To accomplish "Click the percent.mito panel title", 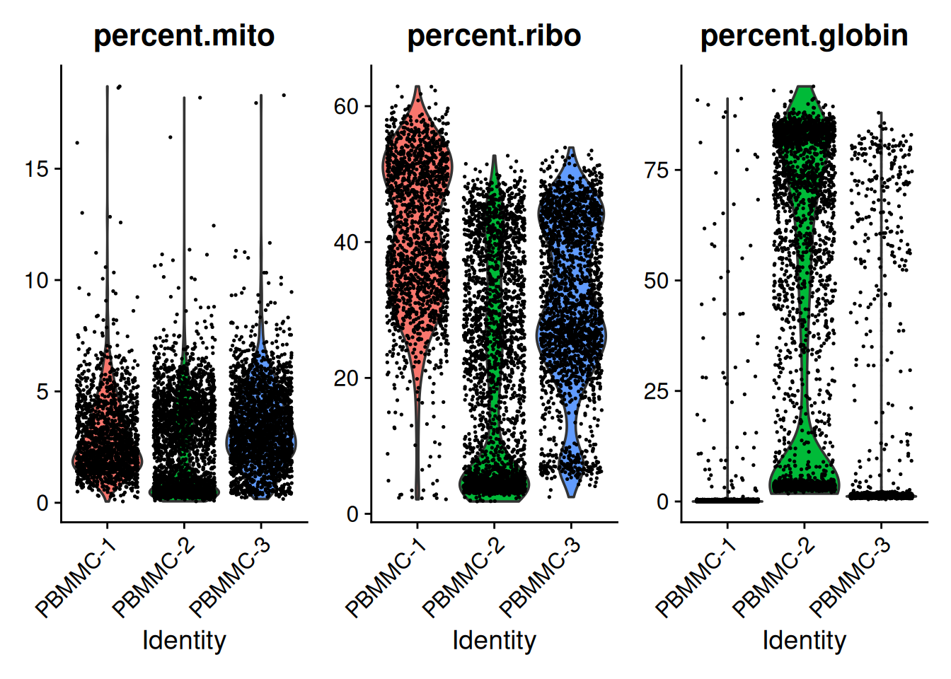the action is click(x=184, y=36).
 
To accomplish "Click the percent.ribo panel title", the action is click(x=494, y=36).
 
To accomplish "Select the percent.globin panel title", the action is click(x=804, y=36).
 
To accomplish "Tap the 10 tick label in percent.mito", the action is click(x=37, y=281).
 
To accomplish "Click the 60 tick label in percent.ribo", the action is click(x=347, y=106).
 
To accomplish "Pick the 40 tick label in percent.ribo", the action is click(x=347, y=243).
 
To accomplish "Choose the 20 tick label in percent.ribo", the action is click(x=347, y=378).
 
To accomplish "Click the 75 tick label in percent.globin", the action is click(x=657, y=170).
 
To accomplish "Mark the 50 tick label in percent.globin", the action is click(x=657, y=281).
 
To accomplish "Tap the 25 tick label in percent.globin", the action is click(x=657, y=391).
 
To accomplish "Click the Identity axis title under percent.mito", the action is click(x=184, y=640).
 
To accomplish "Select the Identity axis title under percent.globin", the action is click(x=805, y=640).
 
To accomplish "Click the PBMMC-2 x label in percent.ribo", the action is click(x=463, y=576).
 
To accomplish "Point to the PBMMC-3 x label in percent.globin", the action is click(x=851, y=576).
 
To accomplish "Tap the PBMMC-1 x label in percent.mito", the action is click(x=76, y=576).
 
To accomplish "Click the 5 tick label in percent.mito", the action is click(x=42, y=392).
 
